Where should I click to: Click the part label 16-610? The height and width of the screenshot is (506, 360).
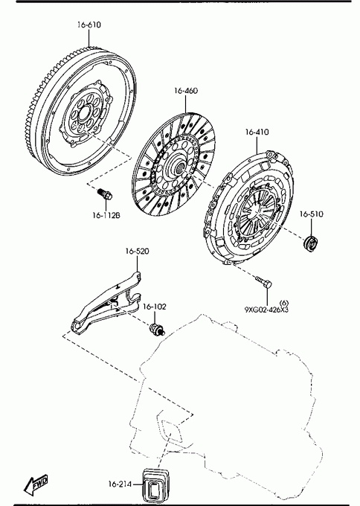click(89, 25)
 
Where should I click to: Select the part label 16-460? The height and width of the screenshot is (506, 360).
click(186, 91)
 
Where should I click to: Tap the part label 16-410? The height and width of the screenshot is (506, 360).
click(257, 132)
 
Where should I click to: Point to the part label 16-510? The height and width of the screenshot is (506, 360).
click(312, 214)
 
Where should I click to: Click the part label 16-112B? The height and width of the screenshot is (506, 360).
click(106, 216)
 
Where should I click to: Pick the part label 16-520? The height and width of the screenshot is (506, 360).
click(138, 251)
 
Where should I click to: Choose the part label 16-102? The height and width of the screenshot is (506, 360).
click(155, 307)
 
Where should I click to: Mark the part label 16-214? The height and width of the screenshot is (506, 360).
click(120, 484)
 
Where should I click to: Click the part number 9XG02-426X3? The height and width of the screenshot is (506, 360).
click(266, 310)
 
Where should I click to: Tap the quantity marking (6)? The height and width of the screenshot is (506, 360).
click(284, 303)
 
